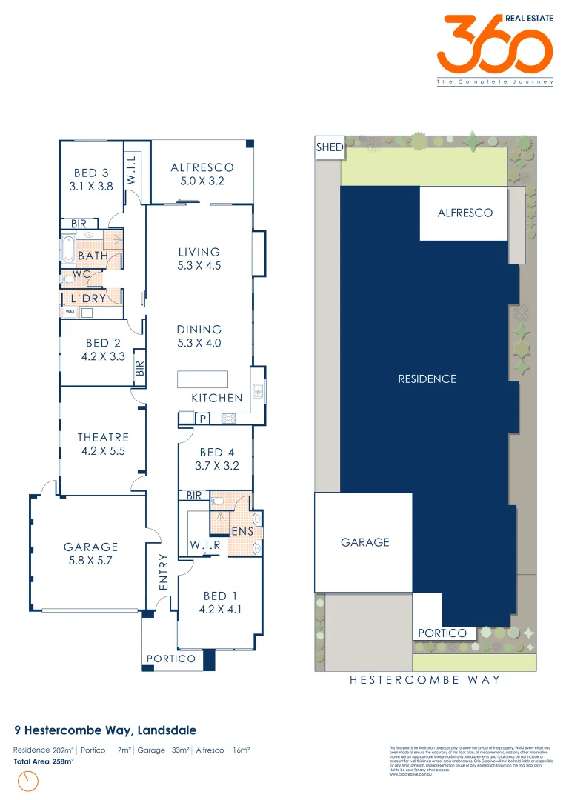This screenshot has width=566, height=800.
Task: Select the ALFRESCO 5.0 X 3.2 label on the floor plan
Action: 202,174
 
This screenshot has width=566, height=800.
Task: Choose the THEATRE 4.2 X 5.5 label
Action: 103,444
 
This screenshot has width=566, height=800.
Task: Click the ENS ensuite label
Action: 242,531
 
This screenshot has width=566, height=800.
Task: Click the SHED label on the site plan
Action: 330,147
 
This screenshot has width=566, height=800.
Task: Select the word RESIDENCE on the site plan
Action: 427,379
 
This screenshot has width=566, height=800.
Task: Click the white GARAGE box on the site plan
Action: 364,542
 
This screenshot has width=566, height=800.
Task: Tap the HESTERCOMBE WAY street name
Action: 424,679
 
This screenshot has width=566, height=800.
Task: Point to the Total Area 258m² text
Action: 44,761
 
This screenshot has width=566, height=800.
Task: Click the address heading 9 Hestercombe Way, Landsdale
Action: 105,730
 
